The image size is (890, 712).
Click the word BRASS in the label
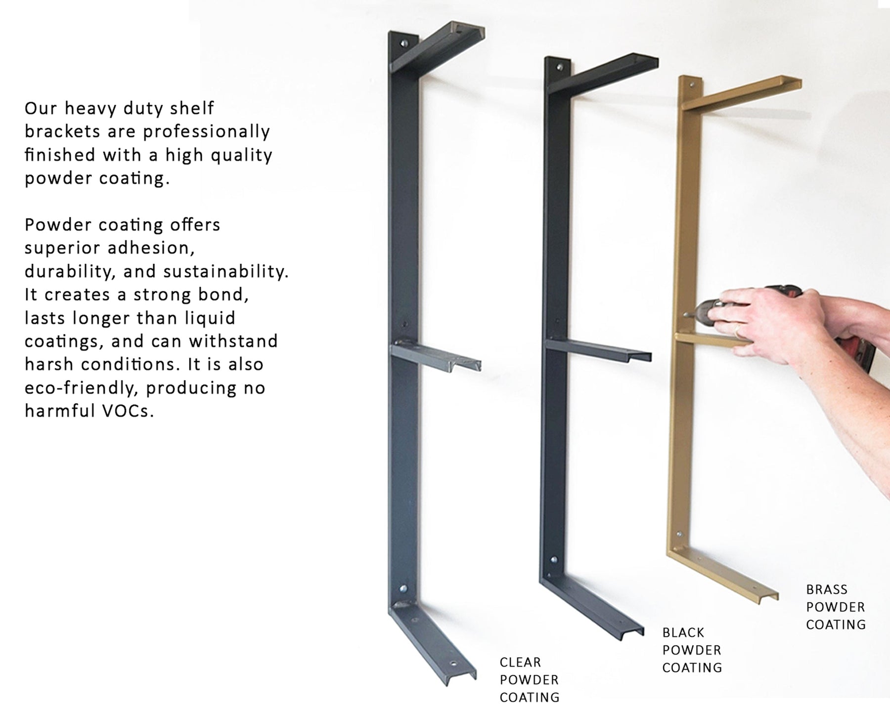tap(827, 589)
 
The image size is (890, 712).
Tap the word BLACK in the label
tap(683, 632)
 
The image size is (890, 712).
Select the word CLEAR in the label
tap(520, 662)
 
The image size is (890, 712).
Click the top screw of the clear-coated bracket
tap(405, 43)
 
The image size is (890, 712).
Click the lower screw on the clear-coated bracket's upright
tap(403, 589)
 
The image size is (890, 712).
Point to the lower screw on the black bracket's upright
tap(553, 561)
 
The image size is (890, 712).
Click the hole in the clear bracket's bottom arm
tap(452, 663)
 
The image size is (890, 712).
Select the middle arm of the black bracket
tap(598, 349)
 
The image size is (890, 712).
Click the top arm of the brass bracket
tap(742, 94)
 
